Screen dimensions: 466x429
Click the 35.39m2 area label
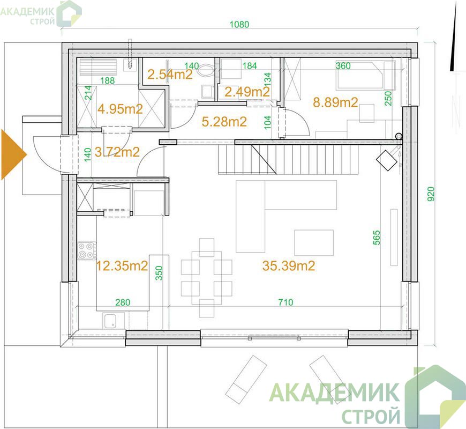click(x=288, y=265)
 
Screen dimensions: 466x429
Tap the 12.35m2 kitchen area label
click(x=122, y=265)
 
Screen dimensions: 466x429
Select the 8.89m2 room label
click(x=335, y=102)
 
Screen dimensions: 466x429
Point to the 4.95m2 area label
click(x=120, y=109)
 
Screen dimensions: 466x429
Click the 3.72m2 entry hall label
click(x=117, y=152)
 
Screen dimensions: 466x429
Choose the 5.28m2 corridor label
click(x=224, y=122)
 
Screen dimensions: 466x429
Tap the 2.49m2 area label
click(x=247, y=92)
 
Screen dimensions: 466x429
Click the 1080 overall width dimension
click(x=239, y=24)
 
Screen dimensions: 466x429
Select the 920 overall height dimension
click(x=431, y=194)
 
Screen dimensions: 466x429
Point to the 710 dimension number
click(x=285, y=302)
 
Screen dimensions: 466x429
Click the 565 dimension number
click(x=377, y=238)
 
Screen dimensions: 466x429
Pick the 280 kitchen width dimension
click(x=123, y=302)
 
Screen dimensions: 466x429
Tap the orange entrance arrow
click(x=14, y=154)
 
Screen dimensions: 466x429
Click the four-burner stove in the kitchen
click(x=87, y=250)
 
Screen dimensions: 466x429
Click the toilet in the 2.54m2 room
click(x=206, y=70)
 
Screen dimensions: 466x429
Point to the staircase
click(x=288, y=158)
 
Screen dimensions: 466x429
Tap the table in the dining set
click(x=207, y=278)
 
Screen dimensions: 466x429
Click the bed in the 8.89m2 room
click(x=366, y=76)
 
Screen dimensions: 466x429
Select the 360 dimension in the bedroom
click(x=343, y=65)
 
